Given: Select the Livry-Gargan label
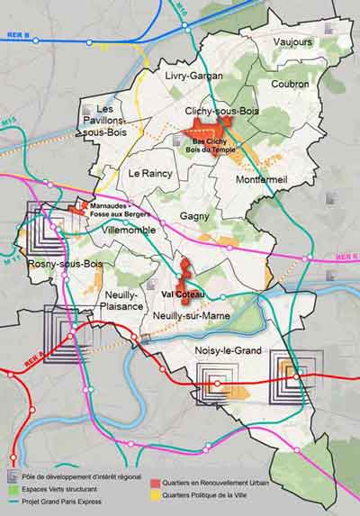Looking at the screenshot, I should tap(193, 76).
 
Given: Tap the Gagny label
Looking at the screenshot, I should tap(194, 216).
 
